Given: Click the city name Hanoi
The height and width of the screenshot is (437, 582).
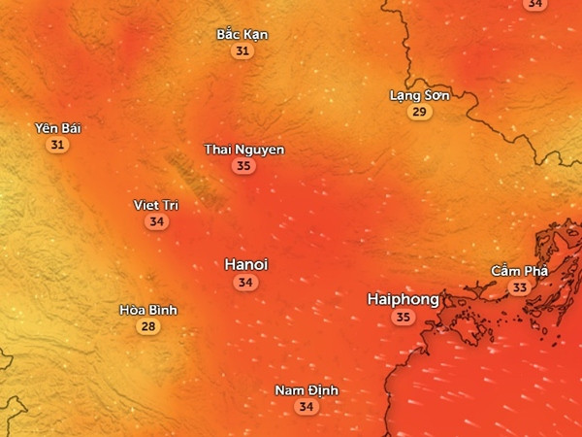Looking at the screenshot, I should click(246, 264).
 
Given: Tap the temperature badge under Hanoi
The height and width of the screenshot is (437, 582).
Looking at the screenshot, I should click(246, 283).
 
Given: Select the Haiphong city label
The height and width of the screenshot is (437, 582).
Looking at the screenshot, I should click(403, 299).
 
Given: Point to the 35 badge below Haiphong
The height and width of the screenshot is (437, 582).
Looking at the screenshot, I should click(403, 318).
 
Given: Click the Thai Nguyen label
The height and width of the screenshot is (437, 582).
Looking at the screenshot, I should click(243, 149).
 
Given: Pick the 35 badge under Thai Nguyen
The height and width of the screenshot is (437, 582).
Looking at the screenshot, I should click(243, 166).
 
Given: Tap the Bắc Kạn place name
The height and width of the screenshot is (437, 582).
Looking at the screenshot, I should click(242, 34).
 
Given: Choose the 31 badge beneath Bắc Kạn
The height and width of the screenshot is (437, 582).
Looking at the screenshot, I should click(242, 51).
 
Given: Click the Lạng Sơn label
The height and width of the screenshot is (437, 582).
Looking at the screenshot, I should click(419, 95).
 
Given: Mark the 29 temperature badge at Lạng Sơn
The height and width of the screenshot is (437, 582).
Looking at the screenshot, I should click(419, 113).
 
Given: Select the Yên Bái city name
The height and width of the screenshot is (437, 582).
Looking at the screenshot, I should click(57, 127).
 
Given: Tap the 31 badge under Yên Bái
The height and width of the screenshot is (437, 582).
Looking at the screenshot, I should click(57, 145).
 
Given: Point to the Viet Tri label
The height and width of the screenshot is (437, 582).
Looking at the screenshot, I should click(155, 205).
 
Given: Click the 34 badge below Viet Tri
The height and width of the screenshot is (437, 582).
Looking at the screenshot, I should click(155, 222).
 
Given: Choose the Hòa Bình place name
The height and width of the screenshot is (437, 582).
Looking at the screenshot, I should click(148, 310).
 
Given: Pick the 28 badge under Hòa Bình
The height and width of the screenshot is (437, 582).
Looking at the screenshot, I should click(148, 327).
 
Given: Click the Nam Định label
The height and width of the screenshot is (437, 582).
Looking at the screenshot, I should click(307, 389).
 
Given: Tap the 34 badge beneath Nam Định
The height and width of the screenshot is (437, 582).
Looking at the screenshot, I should click(307, 407).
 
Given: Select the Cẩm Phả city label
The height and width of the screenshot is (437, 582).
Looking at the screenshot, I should click(519, 270).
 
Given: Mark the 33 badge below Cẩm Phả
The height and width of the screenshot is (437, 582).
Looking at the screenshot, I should click(519, 287).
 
